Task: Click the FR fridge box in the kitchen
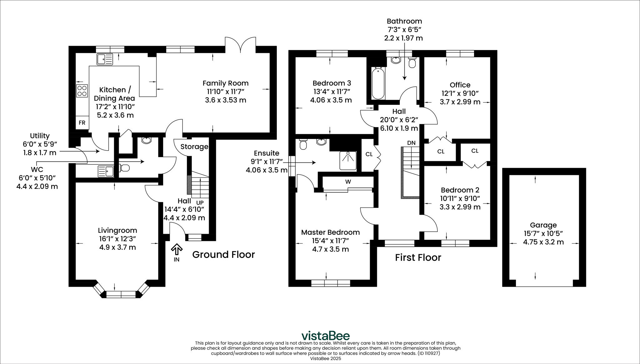click(x=82, y=123)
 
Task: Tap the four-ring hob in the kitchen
click(x=82, y=91)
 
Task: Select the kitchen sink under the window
click(x=105, y=59)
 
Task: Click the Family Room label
click(x=226, y=83)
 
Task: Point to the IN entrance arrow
click(x=177, y=249)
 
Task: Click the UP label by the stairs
click(x=200, y=203)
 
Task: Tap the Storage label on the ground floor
click(x=194, y=147)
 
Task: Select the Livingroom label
click(x=117, y=231)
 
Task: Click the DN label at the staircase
click(x=412, y=143)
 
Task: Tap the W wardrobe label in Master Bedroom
click(x=348, y=182)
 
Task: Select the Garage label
click(x=543, y=225)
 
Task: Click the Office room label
click(x=460, y=85)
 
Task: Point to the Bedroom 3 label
click(x=332, y=83)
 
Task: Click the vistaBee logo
click(x=325, y=336)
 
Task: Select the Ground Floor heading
click(x=223, y=255)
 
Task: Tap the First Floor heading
click(x=418, y=258)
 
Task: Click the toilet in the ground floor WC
click(x=125, y=168)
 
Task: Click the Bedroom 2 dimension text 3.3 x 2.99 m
click(x=460, y=207)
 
